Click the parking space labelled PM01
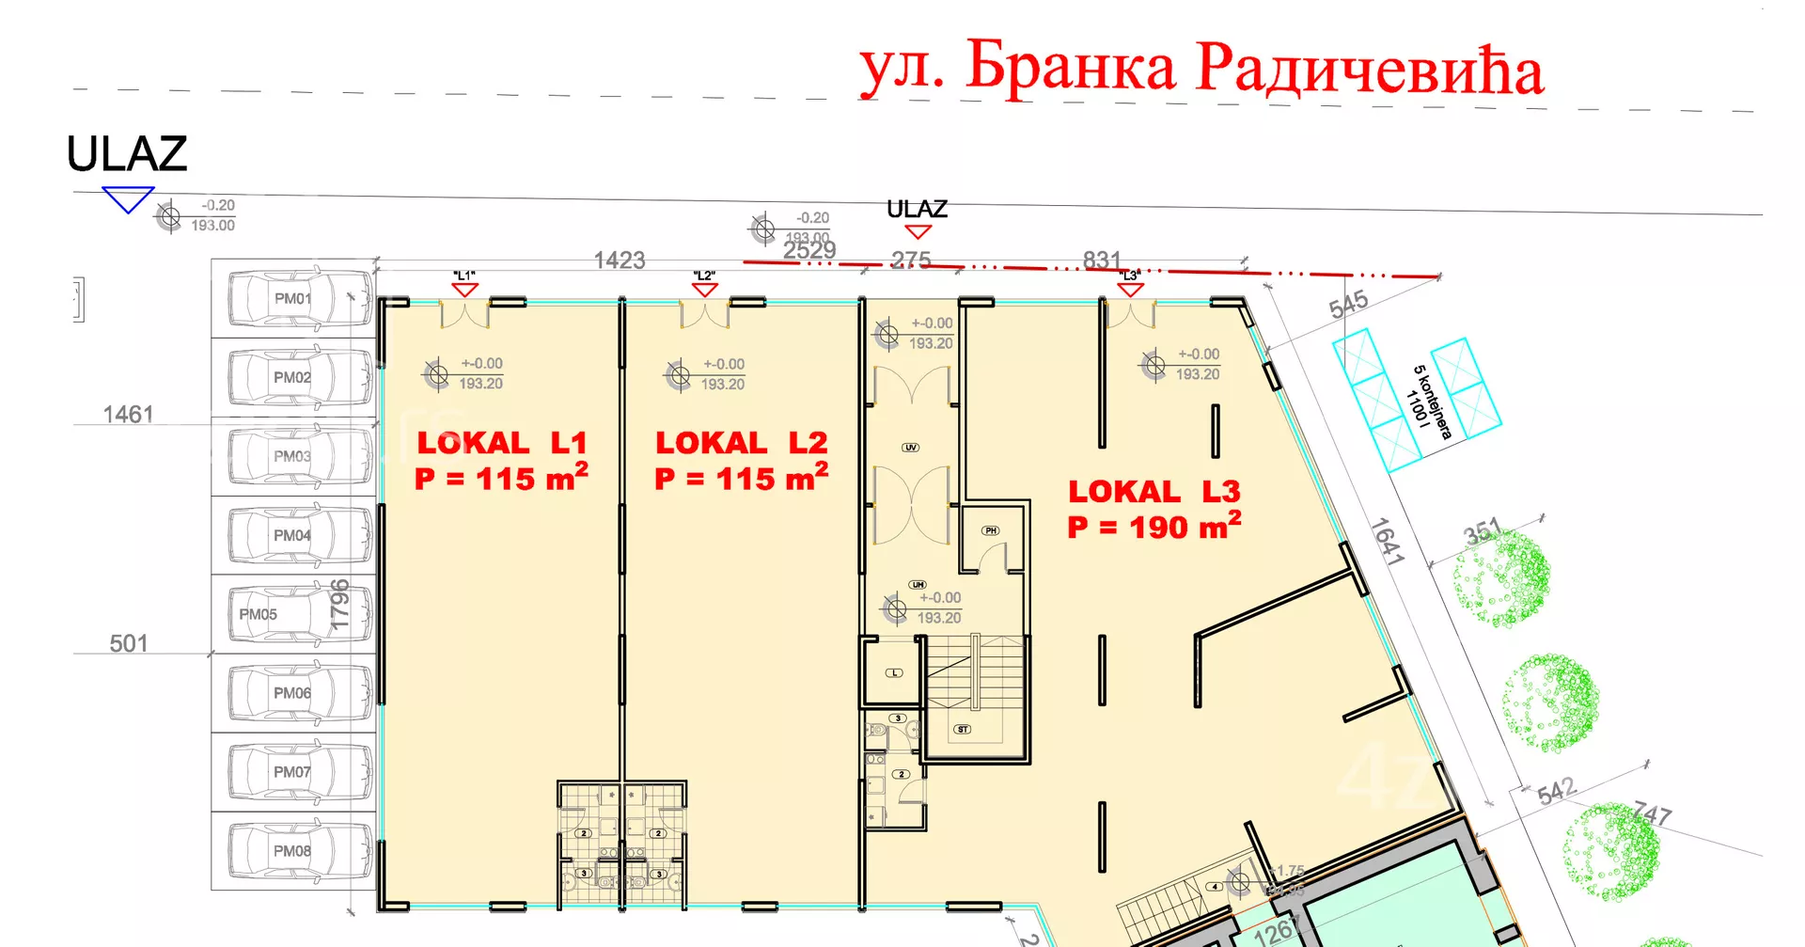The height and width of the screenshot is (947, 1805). click(x=292, y=298)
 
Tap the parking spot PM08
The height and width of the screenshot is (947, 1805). click(x=292, y=851)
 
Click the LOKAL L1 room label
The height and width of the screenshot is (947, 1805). click(x=502, y=443)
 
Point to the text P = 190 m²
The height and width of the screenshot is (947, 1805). click(x=1154, y=527)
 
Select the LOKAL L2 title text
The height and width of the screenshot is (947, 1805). click(x=742, y=443)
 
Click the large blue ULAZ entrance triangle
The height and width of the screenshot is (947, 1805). click(x=128, y=198)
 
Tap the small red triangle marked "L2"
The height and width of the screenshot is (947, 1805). click(x=704, y=290)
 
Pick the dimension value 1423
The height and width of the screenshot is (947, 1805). click(x=620, y=260)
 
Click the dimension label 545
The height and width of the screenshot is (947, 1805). click(x=1348, y=304)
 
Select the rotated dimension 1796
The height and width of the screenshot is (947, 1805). click(x=339, y=604)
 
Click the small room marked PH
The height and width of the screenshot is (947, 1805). click(x=991, y=531)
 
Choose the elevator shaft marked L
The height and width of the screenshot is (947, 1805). click(x=894, y=671)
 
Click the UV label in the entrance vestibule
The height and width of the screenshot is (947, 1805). click(x=910, y=448)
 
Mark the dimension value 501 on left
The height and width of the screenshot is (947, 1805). click(x=129, y=644)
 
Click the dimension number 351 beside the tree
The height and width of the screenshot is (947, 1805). click(x=1483, y=533)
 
